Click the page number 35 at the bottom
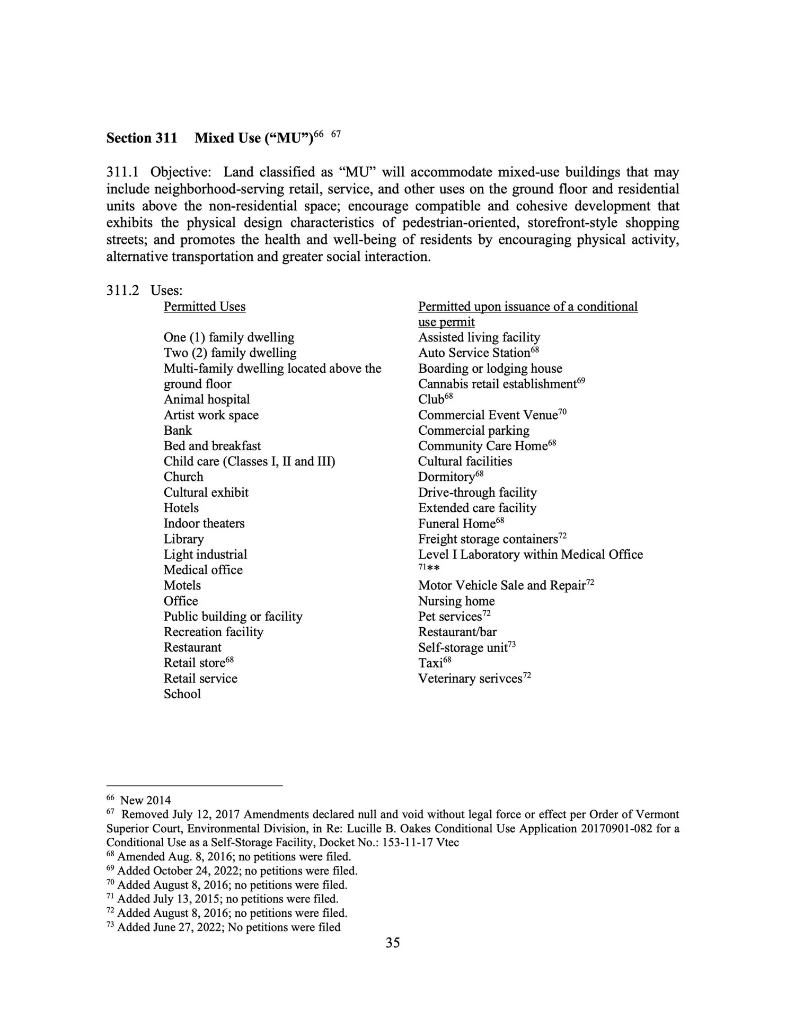[x=393, y=943]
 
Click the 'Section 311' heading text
[x=142, y=138]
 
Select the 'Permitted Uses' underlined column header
[x=205, y=307]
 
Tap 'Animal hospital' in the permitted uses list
[x=207, y=400]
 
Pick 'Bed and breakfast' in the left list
[x=212, y=446]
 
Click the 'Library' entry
[x=183, y=539]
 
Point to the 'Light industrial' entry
[x=205, y=555]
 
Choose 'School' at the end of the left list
[x=182, y=694]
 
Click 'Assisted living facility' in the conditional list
[x=479, y=338]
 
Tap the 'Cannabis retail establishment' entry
[x=497, y=384]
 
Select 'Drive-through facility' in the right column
[x=477, y=493]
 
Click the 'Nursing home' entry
[x=456, y=601]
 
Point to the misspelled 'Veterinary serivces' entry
[x=470, y=679]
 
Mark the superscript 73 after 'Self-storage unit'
[x=511, y=644]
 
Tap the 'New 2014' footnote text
[x=145, y=801]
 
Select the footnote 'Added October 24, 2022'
[x=237, y=871]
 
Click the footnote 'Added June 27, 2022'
[x=228, y=927]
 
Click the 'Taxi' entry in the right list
[x=430, y=663]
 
